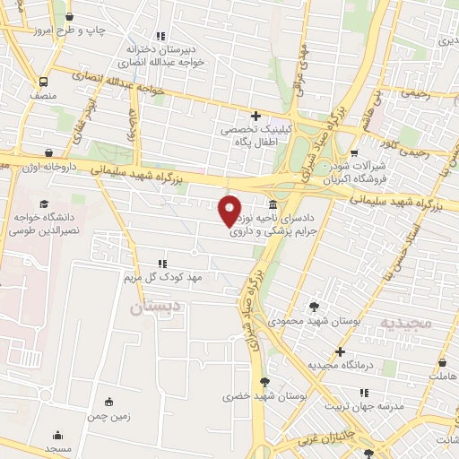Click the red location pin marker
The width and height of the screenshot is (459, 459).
(230, 210)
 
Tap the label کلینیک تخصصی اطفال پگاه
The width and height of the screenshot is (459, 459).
(257, 135)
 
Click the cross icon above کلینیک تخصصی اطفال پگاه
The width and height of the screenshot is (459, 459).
(256, 116)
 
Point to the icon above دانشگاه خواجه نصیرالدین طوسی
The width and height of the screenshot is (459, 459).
(44, 204)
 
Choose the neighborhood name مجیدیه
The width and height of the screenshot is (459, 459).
(405, 322)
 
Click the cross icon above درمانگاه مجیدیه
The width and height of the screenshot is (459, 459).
(340, 351)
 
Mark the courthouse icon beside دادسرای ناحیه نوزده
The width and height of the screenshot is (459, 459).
(272, 204)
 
